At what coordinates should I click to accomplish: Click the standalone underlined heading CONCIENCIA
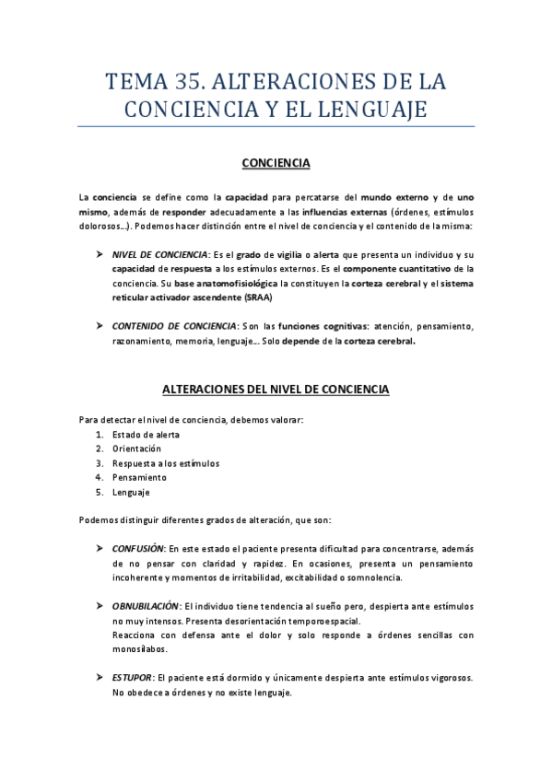276,164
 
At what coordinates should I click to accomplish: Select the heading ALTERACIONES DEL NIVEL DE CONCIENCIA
276,390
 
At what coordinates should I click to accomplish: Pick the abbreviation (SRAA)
260,297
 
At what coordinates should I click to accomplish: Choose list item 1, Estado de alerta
146,435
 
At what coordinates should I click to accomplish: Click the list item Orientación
136,449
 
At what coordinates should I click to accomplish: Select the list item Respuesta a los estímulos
166,463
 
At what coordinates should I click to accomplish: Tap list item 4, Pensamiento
139,478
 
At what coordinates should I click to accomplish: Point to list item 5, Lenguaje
131,493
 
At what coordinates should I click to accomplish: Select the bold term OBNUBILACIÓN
146,606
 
